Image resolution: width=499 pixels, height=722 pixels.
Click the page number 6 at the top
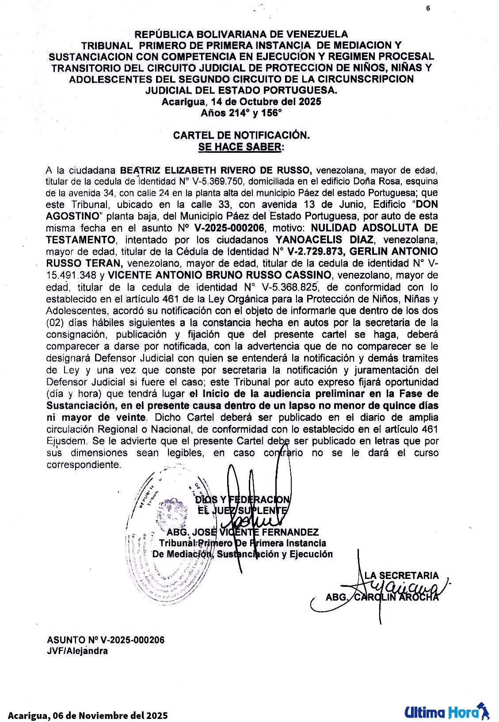428,8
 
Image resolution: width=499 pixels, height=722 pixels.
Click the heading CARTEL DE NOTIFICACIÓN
241,135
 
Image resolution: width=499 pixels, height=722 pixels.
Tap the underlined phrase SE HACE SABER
240,147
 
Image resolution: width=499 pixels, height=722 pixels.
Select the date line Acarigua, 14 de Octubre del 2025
241,102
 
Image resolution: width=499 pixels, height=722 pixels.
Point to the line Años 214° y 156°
241,113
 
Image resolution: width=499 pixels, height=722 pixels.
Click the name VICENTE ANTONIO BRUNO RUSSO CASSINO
220,275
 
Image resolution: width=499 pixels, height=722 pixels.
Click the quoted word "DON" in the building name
424,205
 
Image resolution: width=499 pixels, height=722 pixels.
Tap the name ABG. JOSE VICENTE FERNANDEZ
242,532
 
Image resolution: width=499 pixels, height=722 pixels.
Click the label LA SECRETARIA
401,575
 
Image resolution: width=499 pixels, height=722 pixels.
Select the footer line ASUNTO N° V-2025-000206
106,640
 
